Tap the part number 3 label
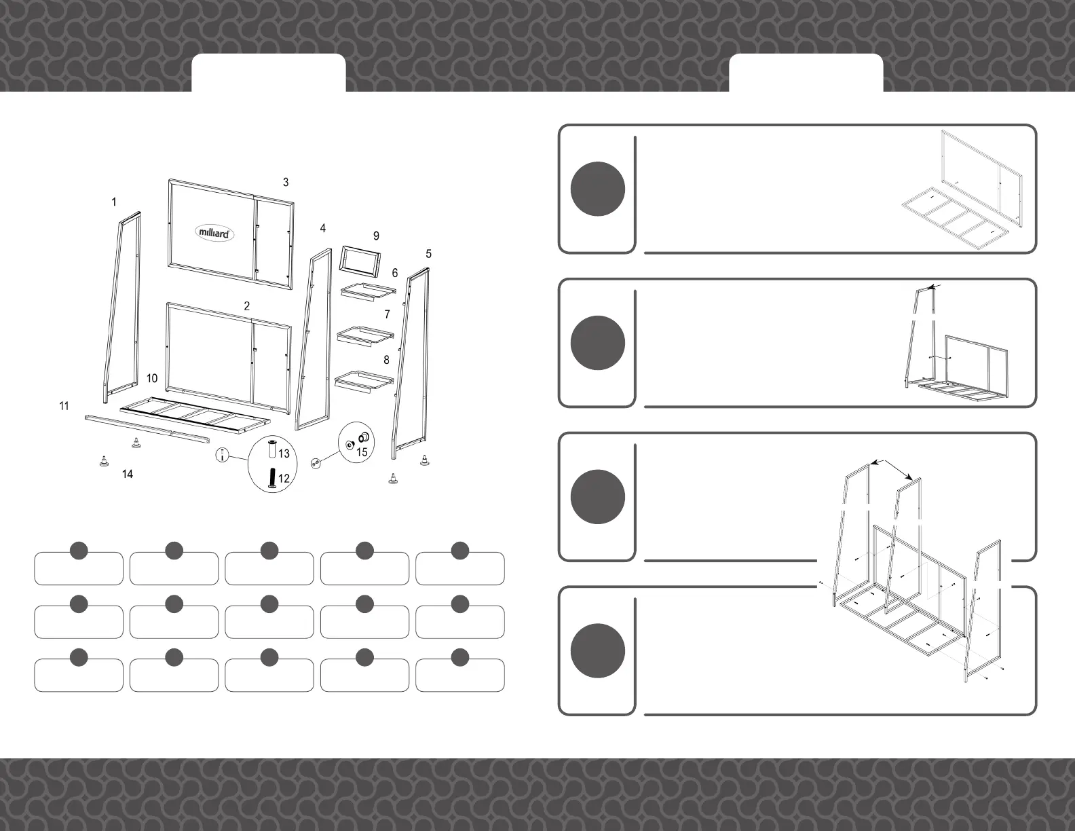coord(286,182)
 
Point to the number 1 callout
coord(114,202)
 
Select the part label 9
coord(376,236)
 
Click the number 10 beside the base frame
coord(152,378)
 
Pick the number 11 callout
coord(64,406)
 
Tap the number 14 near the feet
coord(128,474)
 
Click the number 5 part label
coord(428,254)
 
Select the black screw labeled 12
coord(273,477)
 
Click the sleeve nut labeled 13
coord(273,450)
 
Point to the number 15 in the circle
coord(362,451)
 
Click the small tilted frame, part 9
coord(360,261)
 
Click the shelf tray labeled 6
coord(367,291)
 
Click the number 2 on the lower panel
coord(247,306)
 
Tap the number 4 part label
coord(323,228)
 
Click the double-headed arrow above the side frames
coord(896,470)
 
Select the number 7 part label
coord(387,314)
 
